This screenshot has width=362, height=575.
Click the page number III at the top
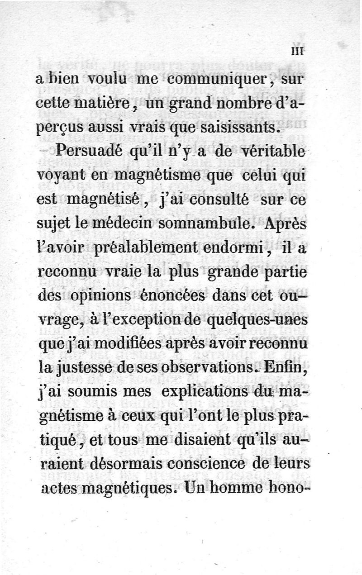[299, 52]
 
